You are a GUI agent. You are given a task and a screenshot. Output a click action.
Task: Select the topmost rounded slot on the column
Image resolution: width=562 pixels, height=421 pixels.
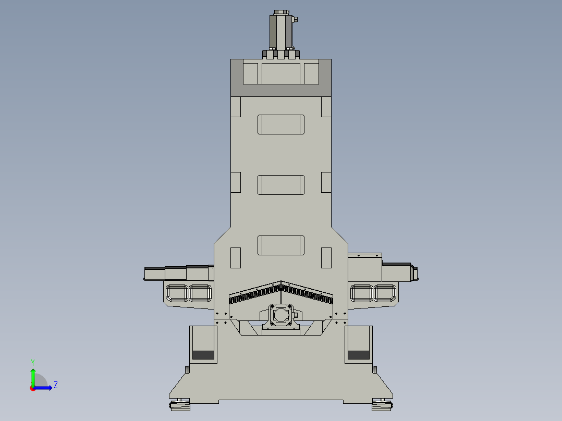[280, 125]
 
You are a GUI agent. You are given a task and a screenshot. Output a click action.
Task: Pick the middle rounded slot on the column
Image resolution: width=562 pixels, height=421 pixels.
[280, 185]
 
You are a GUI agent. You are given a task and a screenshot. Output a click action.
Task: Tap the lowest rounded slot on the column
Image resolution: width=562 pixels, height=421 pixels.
[280, 245]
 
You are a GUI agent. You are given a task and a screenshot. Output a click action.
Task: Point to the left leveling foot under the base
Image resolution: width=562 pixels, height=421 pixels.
[180, 404]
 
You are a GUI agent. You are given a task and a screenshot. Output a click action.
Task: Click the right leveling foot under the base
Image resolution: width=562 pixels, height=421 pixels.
[382, 404]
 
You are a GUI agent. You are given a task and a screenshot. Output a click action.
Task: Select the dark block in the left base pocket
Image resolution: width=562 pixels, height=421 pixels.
[203, 355]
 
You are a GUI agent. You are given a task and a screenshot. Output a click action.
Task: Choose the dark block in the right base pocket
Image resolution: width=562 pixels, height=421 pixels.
[358, 355]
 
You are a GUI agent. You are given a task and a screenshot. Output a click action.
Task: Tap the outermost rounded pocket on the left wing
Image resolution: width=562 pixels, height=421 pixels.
[177, 293]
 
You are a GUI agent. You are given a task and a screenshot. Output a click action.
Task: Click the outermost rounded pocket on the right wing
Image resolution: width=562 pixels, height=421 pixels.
[385, 293]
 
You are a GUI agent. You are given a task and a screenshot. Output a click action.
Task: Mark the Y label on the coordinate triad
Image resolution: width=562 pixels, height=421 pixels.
[32, 362]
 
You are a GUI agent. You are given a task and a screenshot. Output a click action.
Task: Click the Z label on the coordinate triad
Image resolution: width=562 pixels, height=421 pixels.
[55, 385]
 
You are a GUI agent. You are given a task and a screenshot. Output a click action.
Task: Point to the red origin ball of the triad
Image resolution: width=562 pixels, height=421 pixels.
[32, 388]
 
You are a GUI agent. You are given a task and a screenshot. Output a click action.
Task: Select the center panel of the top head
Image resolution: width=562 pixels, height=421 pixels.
[280, 73]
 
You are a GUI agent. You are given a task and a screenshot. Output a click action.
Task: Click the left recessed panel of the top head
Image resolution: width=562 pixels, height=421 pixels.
[250, 73]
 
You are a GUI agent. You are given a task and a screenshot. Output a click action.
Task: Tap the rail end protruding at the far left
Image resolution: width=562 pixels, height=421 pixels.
[154, 274]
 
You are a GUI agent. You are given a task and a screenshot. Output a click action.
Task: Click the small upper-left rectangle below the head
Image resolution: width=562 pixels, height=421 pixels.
[236, 107]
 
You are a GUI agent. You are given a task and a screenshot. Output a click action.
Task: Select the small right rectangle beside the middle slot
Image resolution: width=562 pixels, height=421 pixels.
[326, 182]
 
